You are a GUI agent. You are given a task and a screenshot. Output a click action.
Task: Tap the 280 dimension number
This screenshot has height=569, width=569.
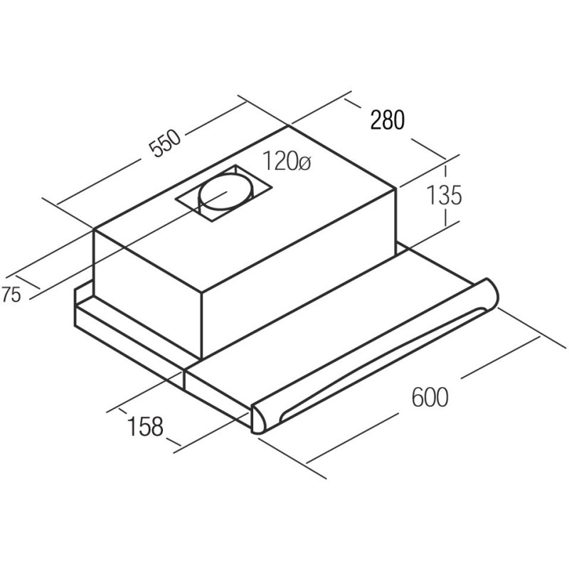[x=387, y=120]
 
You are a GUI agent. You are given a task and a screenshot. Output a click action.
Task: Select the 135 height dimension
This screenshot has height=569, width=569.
[x=444, y=195]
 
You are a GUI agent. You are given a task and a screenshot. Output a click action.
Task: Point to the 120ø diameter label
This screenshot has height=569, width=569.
[x=287, y=161]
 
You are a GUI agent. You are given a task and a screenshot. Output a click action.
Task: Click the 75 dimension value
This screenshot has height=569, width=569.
[x=11, y=294]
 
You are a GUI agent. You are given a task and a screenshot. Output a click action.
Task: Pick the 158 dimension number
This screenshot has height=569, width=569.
[x=145, y=426]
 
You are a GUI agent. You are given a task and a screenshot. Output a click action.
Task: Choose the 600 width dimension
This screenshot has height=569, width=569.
[x=430, y=397]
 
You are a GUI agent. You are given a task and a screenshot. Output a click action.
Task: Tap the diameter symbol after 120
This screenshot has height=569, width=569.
[x=304, y=163]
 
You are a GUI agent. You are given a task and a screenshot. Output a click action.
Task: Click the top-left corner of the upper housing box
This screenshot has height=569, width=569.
[x=94, y=229]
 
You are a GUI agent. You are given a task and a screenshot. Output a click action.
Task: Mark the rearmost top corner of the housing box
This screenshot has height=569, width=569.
[x=289, y=126]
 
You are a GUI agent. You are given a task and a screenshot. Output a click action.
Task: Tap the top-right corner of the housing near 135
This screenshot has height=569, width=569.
[x=396, y=188]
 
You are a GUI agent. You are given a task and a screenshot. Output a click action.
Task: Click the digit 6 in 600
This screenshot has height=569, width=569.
[x=418, y=397]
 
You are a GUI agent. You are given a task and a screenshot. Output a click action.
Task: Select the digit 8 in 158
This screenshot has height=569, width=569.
[x=157, y=426]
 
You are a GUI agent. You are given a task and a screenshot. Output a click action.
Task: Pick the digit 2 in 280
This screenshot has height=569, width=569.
[x=376, y=120]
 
